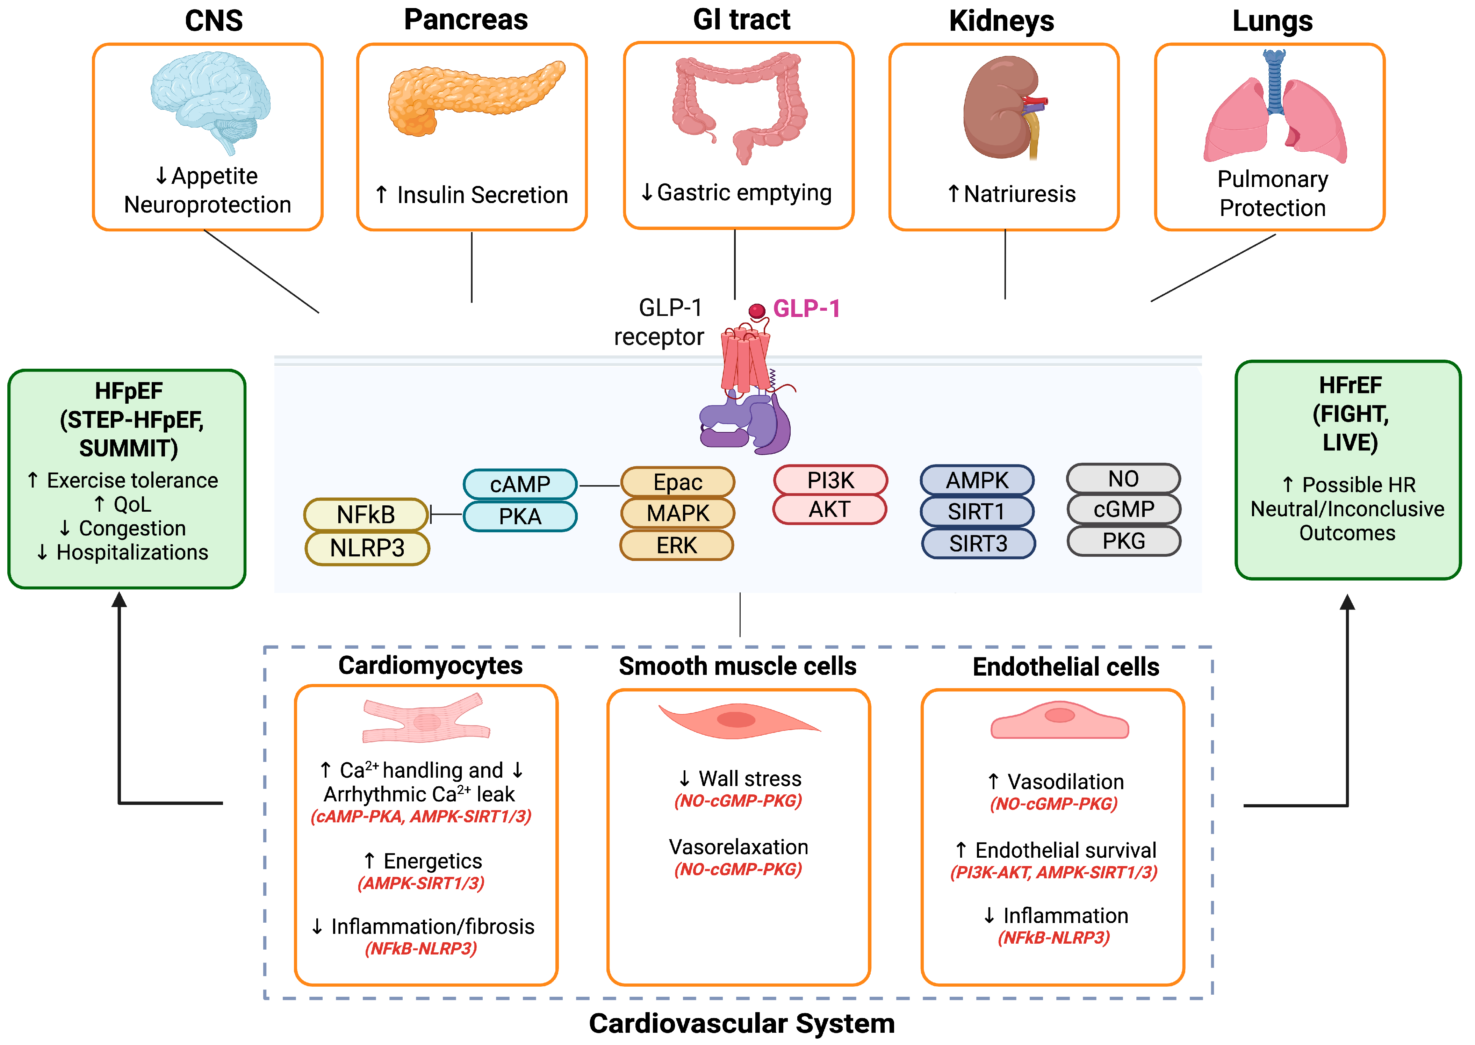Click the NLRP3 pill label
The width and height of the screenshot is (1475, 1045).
point(367,548)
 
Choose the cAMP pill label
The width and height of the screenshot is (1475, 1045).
point(520,484)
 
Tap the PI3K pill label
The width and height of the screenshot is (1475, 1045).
point(830,480)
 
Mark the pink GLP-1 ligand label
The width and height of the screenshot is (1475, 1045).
point(806,309)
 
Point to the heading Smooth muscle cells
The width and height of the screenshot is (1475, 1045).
point(737,666)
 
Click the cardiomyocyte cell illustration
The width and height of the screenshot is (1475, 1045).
point(426,719)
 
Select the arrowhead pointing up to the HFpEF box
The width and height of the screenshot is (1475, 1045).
point(119,600)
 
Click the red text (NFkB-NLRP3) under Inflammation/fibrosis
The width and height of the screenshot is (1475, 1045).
point(421,949)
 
